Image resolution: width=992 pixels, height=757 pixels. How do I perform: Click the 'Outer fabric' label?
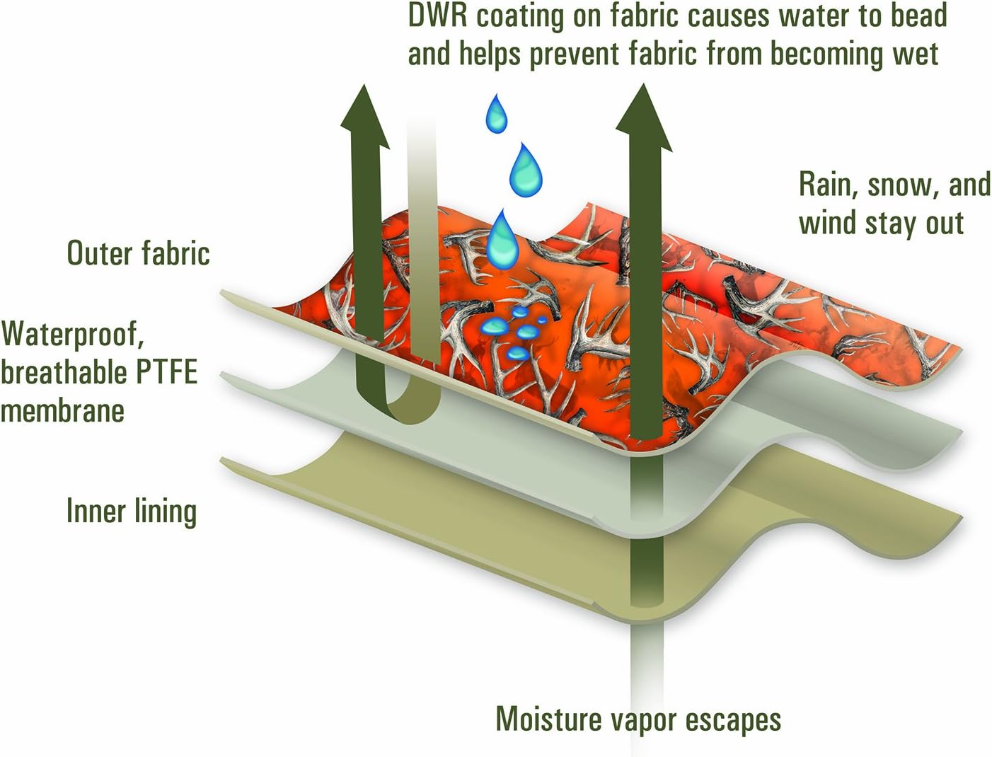(x=138, y=253)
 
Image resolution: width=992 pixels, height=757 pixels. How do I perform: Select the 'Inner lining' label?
(x=131, y=511)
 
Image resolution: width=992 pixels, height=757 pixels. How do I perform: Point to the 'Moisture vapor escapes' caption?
(x=638, y=719)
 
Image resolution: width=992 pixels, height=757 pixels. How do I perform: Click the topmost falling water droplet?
(x=497, y=113)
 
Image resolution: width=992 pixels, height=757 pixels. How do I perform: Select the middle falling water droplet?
(x=526, y=171)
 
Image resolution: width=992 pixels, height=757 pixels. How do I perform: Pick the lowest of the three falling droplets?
(x=502, y=236)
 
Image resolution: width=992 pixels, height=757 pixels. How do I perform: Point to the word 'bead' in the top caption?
(x=918, y=16)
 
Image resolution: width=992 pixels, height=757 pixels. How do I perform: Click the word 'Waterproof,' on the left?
(x=72, y=333)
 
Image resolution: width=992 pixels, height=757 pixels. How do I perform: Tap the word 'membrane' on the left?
(x=62, y=410)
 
